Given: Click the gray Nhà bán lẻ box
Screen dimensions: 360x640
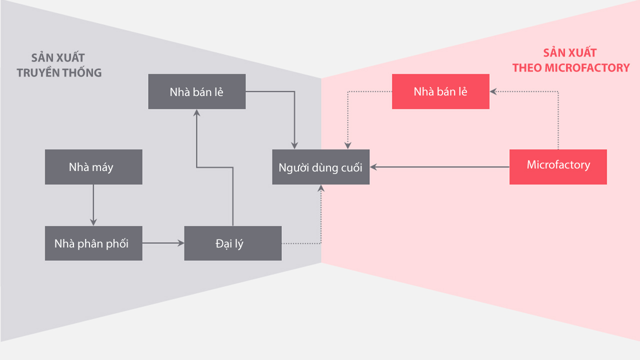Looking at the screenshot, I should [196, 91].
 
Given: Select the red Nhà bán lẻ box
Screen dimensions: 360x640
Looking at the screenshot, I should [440, 91].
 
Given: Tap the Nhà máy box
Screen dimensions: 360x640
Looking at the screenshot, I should [93, 167].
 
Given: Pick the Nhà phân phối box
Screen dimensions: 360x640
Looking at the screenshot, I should [93, 243].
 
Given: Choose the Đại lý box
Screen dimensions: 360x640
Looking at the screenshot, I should [232, 243].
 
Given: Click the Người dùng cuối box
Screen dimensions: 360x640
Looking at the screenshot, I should [320, 167].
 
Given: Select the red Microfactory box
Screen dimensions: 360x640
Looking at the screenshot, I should [558, 167].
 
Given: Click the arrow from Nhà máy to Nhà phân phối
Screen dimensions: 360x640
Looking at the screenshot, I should [93, 205].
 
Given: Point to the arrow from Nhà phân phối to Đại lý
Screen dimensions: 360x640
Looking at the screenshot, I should [163, 243].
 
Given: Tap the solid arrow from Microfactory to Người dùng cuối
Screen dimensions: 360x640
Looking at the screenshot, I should [440, 167].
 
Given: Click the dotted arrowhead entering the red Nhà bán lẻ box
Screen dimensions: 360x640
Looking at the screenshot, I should [493, 91].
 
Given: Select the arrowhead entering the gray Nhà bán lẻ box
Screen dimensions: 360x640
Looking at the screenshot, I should [196, 113].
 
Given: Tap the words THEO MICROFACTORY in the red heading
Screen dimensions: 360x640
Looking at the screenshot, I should [570, 68].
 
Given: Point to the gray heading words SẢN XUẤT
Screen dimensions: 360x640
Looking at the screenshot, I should [58, 57].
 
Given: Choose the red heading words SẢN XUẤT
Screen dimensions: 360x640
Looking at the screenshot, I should [570, 53].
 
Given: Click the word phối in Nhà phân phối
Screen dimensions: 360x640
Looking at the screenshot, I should [117, 244].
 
